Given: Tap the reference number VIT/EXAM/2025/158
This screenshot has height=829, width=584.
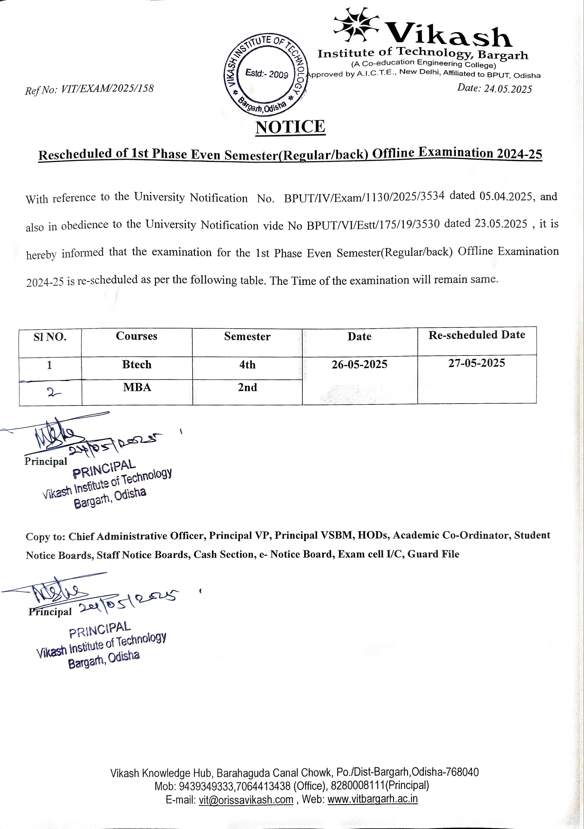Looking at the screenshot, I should tap(107, 89).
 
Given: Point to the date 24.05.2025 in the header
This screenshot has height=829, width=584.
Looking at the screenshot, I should tap(508, 89).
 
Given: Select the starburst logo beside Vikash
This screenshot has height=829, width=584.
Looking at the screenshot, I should tap(356, 25).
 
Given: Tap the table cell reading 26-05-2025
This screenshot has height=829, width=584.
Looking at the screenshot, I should tap(359, 364).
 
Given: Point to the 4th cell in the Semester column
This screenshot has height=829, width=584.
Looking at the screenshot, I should tap(247, 365).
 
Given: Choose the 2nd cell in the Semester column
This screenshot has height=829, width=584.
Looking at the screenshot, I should tap(247, 388).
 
